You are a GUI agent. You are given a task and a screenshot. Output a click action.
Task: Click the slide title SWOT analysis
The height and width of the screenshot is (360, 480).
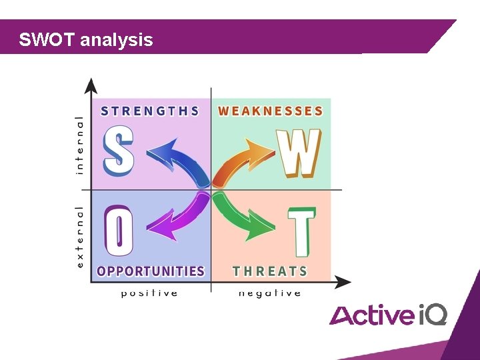(x=86, y=40)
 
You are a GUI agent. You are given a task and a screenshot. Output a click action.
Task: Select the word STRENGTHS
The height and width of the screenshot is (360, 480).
(x=150, y=111)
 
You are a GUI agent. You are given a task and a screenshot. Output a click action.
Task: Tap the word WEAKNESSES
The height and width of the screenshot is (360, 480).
(x=271, y=111)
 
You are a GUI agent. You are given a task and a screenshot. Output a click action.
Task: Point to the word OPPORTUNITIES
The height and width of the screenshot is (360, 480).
(x=151, y=271)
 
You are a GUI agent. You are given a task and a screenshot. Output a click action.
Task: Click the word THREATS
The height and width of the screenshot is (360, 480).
(x=270, y=271)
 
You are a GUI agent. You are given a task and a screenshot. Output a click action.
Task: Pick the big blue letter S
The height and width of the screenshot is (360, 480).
(x=119, y=152)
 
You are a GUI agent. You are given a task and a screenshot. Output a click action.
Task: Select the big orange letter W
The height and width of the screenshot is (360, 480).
(x=299, y=153)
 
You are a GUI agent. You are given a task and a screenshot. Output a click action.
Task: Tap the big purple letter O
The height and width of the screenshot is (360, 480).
(x=119, y=231)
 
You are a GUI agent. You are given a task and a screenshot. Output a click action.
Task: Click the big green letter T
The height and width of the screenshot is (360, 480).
(x=301, y=232)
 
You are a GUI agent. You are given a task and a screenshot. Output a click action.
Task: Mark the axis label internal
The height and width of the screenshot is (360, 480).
(x=80, y=145)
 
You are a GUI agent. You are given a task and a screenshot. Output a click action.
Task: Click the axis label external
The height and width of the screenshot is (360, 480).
(x=80, y=237)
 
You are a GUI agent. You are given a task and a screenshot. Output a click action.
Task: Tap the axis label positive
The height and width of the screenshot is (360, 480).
(x=149, y=293)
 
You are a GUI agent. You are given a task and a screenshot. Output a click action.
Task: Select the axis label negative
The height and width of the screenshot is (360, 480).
(x=269, y=293)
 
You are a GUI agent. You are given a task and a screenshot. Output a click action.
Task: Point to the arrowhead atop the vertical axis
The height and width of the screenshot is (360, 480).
(x=91, y=85)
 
